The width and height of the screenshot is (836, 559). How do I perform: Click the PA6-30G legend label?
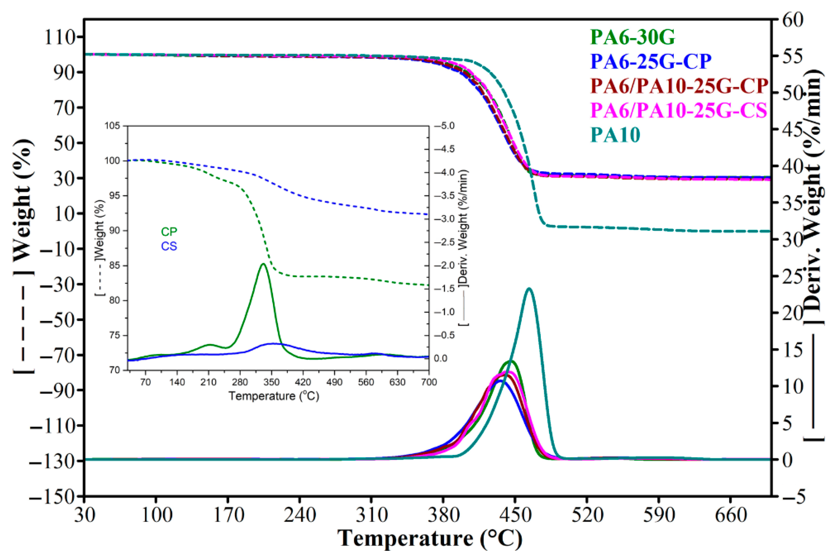632,37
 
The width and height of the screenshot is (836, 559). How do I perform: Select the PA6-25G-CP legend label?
651,61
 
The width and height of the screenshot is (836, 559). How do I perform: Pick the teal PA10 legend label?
615,135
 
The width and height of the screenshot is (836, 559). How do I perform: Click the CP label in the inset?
169,232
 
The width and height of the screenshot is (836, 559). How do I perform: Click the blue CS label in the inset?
169,246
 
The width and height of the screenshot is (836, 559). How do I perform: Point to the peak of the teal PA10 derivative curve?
529,288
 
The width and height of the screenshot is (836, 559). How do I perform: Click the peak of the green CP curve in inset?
263,264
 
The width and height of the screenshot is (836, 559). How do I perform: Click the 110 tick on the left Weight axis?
60,37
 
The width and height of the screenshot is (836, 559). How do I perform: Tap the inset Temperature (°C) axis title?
274,396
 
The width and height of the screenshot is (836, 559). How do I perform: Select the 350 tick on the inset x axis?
271,382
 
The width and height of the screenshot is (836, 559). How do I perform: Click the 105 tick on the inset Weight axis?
113,126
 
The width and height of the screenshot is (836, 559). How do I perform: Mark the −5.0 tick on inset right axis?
444,126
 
